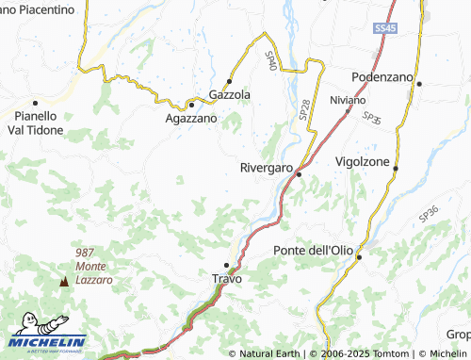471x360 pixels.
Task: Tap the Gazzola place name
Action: [x=229, y=95]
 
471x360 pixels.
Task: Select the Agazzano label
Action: [x=190, y=119]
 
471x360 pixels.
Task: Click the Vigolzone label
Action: [x=363, y=161]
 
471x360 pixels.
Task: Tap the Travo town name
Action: [x=227, y=279]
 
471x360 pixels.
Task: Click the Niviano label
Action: [x=349, y=99]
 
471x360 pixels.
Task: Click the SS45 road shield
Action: [x=384, y=30]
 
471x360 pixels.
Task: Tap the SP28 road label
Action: [x=304, y=108]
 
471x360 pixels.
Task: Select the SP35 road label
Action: [x=372, y=120]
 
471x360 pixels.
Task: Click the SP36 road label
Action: [x=429, y=216]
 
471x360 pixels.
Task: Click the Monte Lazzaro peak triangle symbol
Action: [x=64, y=281]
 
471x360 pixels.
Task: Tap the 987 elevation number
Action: [x=85, y=253]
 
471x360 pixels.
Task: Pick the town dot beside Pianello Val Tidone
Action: [x=35, y=103]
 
